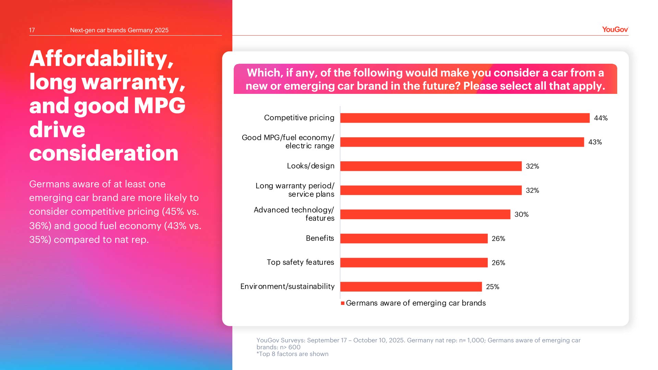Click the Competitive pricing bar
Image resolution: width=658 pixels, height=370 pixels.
click(465, 118)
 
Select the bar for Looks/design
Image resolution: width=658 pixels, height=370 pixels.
click(431, 166)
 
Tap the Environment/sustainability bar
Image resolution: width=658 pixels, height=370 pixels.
click(411, 287)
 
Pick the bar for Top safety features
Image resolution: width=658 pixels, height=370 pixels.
click(414, 262)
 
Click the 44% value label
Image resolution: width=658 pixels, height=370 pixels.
click(600, 118)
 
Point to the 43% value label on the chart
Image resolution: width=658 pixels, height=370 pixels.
click(595, 142)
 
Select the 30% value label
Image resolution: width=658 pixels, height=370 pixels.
click(521, 214)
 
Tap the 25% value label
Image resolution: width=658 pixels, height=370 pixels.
click(492, 287)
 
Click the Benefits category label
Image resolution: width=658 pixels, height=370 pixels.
click(320, 238)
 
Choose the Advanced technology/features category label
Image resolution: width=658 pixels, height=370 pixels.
click(294, 214)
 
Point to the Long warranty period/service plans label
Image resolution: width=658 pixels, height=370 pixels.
click(295, 190)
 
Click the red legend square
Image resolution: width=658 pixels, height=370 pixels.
click(342, 303)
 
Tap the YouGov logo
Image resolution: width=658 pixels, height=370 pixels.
click(615, 29)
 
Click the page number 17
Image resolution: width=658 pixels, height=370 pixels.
click(32, 30)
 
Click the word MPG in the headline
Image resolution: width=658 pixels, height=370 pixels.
click(159, 106)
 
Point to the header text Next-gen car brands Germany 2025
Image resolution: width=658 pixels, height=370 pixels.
click(119, 30)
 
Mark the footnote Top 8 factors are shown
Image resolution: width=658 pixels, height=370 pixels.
click(292, 354)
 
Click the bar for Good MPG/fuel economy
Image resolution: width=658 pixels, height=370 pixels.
click(462, 142)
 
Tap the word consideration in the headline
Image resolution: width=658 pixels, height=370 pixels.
click(104, 153)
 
